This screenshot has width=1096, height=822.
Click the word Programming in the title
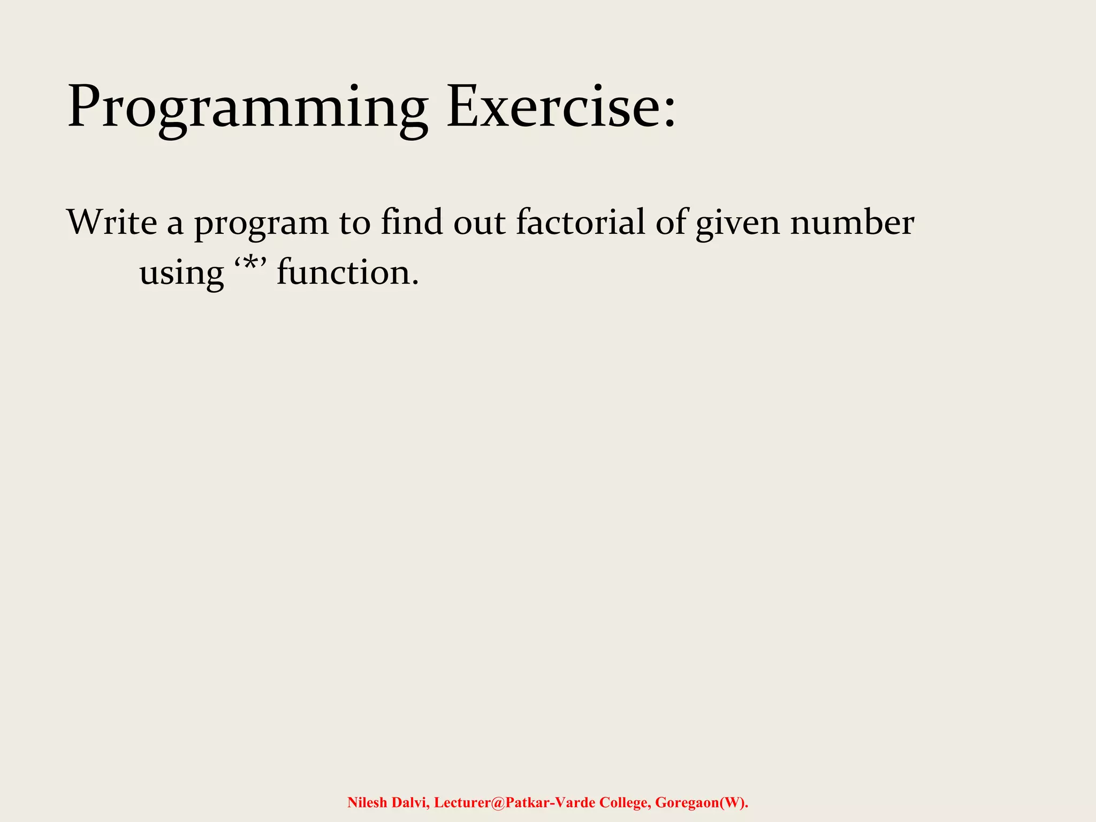point(247,107)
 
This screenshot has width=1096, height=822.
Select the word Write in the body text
point(112,222)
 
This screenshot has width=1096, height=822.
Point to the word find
point(412,222)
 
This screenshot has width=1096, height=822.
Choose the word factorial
point(581,222)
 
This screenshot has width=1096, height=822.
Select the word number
point(852,222)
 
